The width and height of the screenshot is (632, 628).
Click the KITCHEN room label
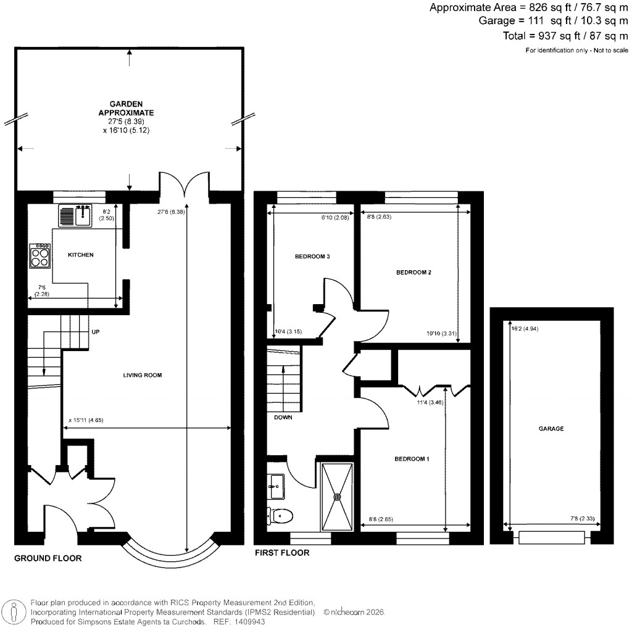tap(80, 255)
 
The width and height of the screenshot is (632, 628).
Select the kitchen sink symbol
tap(75, 217)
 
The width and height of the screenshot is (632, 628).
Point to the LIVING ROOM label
tap(142, 375)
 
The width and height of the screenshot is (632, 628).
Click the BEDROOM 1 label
tap(412, 459)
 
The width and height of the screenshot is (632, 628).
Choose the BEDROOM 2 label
tap(413, 272)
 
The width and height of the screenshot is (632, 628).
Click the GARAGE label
tap(551, 428)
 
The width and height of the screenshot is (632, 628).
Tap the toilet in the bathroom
tap(281, 514)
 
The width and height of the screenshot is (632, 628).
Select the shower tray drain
tap(338, 497)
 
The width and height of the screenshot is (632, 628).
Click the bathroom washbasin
tap(276, 486)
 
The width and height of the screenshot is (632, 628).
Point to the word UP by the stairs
tap(96, 332)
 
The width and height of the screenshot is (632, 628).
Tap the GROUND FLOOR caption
tap(48, 558)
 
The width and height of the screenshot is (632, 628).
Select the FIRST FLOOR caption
tap(282, 553)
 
